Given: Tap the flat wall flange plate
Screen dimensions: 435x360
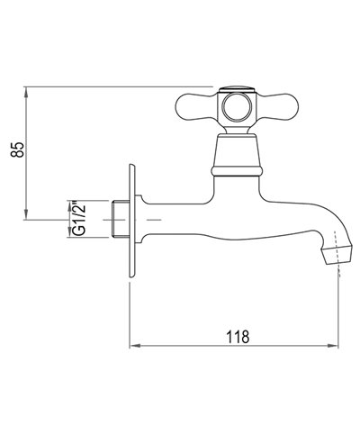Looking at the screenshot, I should pos(132,220).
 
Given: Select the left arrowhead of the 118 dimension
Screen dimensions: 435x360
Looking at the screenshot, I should pos(136,346).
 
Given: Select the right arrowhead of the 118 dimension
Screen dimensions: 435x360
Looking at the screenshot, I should pos(337,346).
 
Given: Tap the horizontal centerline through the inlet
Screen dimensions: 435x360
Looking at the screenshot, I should pos(153,219).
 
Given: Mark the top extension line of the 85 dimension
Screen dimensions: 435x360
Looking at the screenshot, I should pos(117,87).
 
